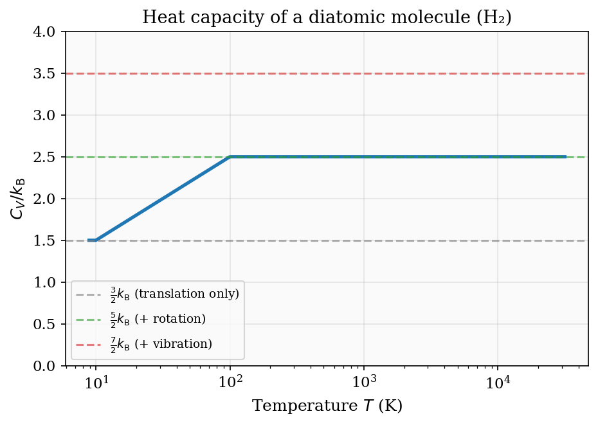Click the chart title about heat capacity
pos(326,17)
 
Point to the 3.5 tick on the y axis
pos(50,73)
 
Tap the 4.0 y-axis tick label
pos(50,32)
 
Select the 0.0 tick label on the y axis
pos(50,366)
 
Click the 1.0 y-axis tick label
pos(50,282)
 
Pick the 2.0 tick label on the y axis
pos(50,199)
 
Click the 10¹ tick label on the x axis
pos(96,383)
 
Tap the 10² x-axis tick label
pos(230,383)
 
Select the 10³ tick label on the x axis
pos(364,383)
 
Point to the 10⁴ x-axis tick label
pos(498,383)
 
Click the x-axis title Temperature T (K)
pos(327,406)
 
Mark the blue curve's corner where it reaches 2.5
pos(230,157)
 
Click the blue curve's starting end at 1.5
pos(89,240)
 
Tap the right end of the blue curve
pos(565,157)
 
